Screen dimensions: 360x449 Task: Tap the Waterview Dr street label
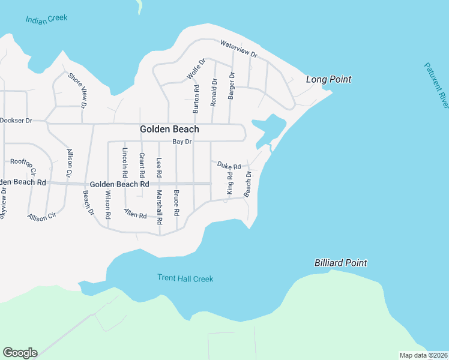[x=238, y=49]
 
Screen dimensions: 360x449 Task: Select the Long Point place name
[x=328, y=79]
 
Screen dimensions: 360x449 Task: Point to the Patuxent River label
[x=436, y=86]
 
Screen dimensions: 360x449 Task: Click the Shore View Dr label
[x=77, y=91]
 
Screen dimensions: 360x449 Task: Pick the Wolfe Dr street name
[x=196, y=68]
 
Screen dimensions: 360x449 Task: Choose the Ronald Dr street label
[x=213, y=92]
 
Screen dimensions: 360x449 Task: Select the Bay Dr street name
[x=182, y=142]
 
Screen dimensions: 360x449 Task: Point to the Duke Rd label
[x=229, y=165]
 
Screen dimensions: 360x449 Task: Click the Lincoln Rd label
[x=125, y=162]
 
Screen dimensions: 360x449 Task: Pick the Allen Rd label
[x=136, y=213]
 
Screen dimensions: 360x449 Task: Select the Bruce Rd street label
[x=176, y=203]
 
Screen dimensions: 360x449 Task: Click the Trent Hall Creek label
[x=185, y=278]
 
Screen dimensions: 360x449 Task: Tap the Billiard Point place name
[x=340, y=263]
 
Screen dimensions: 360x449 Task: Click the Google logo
[x=20, y=353]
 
